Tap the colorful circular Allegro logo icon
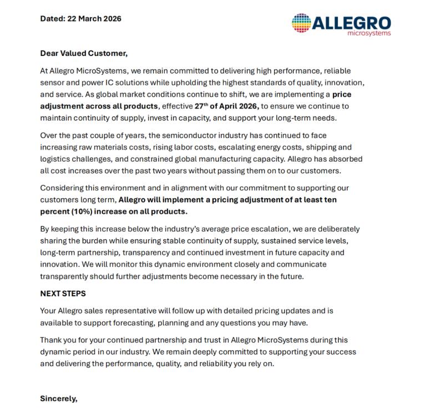click(x=302, y=23)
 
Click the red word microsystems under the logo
click(x=368, y=33)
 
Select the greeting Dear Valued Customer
click(x=84, y=54)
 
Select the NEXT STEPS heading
click(x=63, y=294)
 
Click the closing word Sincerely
click(x=59, y=398)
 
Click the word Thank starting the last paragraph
click(x=52, y=340)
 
